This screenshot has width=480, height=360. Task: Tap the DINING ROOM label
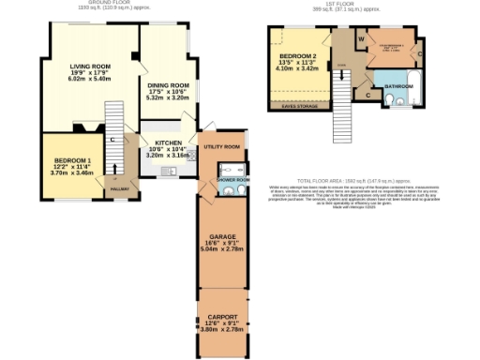click(168, 85)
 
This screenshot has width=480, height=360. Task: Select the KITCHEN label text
click(169, 142)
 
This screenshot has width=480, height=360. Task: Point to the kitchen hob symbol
click(192, 157)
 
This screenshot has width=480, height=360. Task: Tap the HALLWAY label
click(119, 189)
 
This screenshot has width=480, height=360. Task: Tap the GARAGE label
click(222, 237)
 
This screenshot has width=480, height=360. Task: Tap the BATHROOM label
click(397, 85)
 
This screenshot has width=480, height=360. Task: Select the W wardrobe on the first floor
click(360, 39)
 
